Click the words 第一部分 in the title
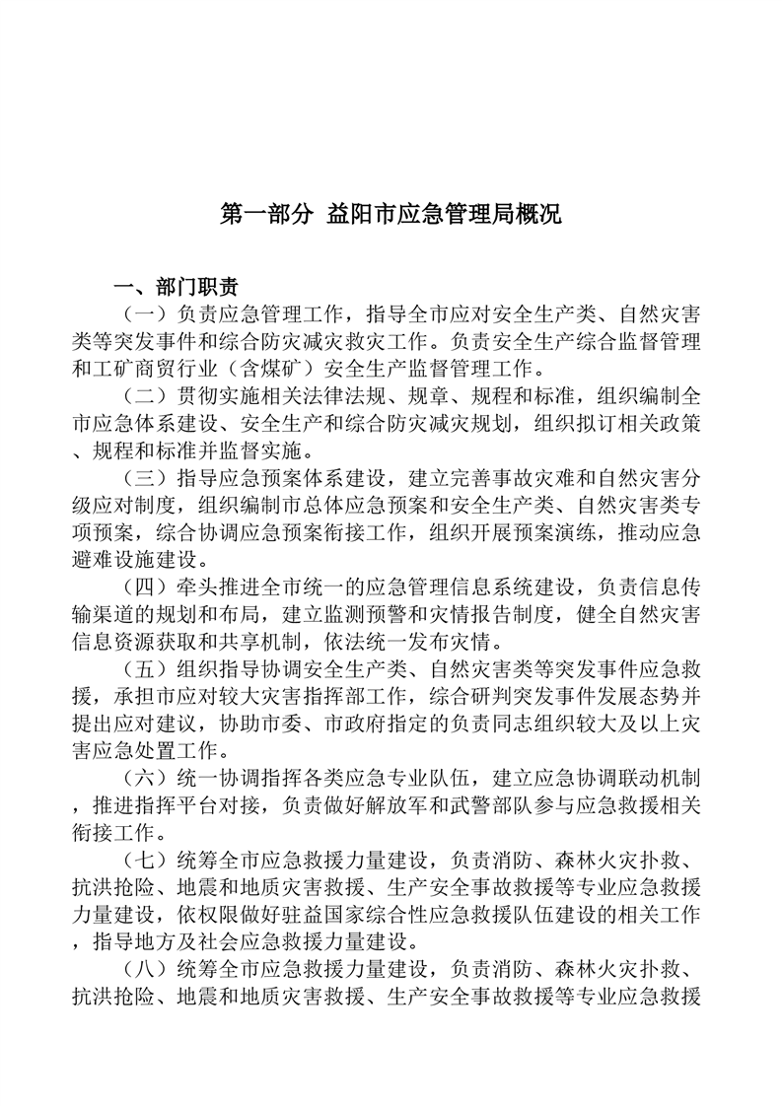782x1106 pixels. coord(260,214)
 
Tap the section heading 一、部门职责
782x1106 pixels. coord(176,287)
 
